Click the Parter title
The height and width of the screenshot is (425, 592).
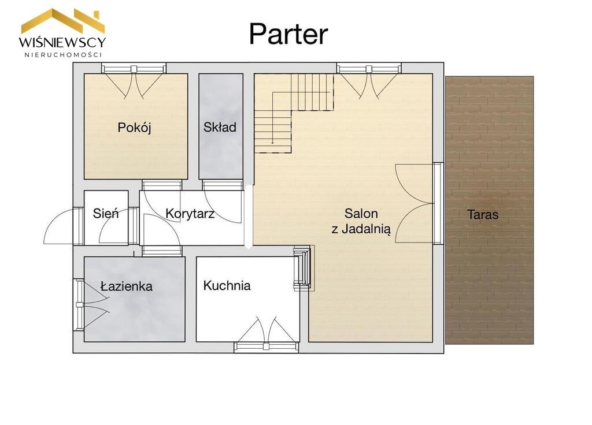288,34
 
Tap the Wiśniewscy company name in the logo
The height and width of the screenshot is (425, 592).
62,42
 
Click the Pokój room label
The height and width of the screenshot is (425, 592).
134,128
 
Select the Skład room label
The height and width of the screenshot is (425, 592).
220,127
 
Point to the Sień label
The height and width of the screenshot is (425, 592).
106,214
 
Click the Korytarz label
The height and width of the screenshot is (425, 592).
190,214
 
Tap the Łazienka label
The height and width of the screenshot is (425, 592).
127,286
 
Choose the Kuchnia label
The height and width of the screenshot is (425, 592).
227,285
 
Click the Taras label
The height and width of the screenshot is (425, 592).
483,215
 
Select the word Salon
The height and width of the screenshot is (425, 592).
361,214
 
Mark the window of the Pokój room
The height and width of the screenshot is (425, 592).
134,68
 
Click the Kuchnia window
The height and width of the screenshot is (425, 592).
267,346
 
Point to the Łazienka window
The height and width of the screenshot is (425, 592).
79,305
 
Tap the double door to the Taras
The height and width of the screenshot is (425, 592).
415,203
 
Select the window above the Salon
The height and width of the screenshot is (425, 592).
369,68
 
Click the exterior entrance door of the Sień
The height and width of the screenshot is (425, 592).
64,226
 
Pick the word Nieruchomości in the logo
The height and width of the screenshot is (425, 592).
63,55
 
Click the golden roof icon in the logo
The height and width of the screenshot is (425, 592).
62,21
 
